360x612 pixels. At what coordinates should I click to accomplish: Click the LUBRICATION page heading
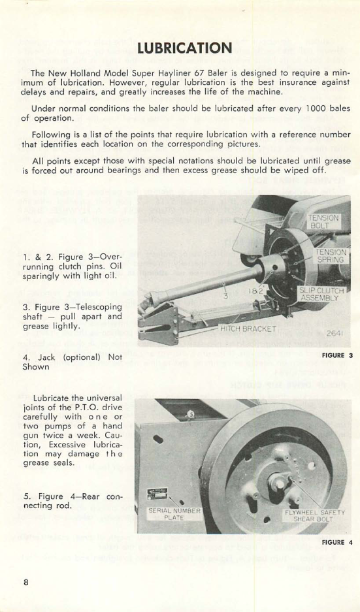coord(184,48)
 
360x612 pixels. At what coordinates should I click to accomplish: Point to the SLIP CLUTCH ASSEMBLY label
coord(318,293)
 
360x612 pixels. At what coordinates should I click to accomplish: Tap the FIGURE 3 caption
coord(337,356)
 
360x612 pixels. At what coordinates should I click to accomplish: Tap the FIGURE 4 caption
coord(337,542)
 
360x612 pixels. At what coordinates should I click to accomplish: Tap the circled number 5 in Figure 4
coord(189,414)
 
